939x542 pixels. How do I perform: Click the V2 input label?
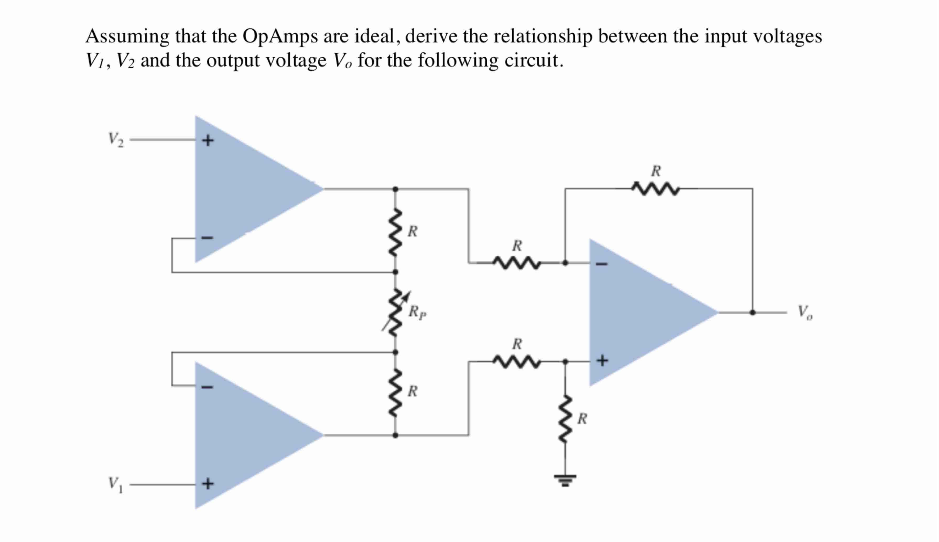115,140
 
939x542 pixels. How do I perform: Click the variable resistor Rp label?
417,312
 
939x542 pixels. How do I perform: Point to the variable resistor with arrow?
395,312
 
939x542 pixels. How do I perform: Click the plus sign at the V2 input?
208,140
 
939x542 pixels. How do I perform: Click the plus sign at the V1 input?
208,484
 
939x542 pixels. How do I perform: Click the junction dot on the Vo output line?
752,313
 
